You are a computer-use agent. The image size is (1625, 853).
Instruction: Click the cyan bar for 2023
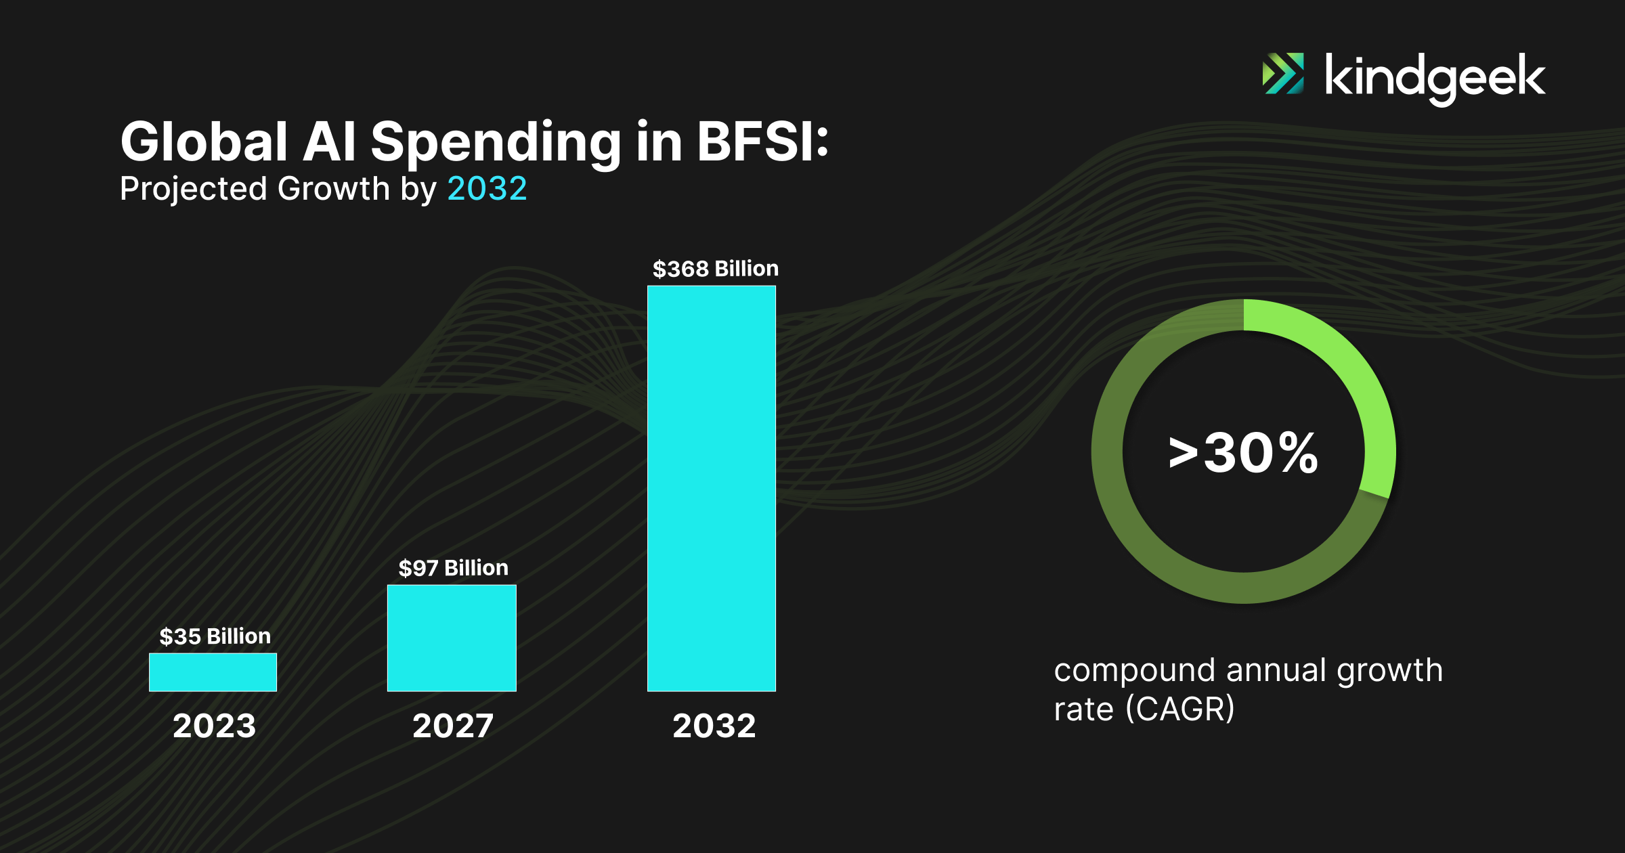pyautogui.click(x=213, y=672)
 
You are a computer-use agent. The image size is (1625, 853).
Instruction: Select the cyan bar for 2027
pyautogui.click(x=452, y=638)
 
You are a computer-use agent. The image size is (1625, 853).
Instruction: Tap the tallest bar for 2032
pyautogui.click(x=712, y=488)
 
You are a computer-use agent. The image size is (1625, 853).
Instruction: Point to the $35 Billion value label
pyautogui.click(x=215, y=636)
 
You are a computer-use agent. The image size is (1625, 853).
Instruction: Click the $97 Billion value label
pyautogui.click(x=453, y=568)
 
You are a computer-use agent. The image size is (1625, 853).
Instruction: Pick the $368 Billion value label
pyautogui.click(x=715, y=269)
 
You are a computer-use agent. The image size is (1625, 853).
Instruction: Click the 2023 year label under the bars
pyautogui.click(x=214, y=726)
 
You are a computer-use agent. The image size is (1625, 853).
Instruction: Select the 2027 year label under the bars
pyautogui.click(x=453, y=726)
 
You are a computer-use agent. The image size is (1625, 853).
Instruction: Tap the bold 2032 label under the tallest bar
pyautogui.click(x=714, y=726)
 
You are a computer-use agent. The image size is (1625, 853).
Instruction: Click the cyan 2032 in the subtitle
pyautogui.click(x=487, y=188)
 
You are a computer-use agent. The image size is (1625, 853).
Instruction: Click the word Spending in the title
pyautogui.click(x=496, y=144)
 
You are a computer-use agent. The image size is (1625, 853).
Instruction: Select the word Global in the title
pyautogui.click(x=204, y=141)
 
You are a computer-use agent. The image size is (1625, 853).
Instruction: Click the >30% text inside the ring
pyautogui.click(x=1243, y=452)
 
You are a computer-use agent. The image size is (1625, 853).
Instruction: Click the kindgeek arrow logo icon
pyautogui.click(x=1283, y=73)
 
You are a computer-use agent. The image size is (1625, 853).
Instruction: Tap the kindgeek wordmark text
pyautogui.click(x=1435, y=79)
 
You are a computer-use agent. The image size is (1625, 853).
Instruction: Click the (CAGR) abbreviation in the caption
pyautogui.click(x=1180, y=709)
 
